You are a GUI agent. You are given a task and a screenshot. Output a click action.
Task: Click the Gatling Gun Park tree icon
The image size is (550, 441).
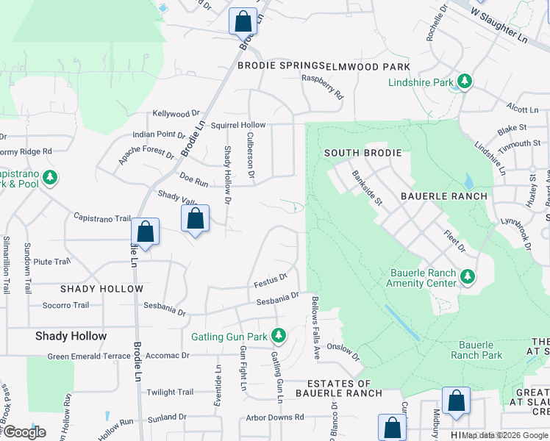(x=278, y=337)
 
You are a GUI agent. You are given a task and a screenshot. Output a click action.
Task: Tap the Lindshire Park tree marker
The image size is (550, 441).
(x=464, y=82)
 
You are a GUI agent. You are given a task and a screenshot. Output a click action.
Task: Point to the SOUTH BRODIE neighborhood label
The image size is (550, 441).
(x=364, y=153)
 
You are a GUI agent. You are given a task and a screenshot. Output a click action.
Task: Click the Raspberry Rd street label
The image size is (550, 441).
(x=323, y=87)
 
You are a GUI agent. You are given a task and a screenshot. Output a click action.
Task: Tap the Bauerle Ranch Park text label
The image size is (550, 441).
(x=480, y=350)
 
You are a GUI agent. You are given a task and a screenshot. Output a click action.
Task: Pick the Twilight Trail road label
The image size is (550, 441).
(x=170, y=392)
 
